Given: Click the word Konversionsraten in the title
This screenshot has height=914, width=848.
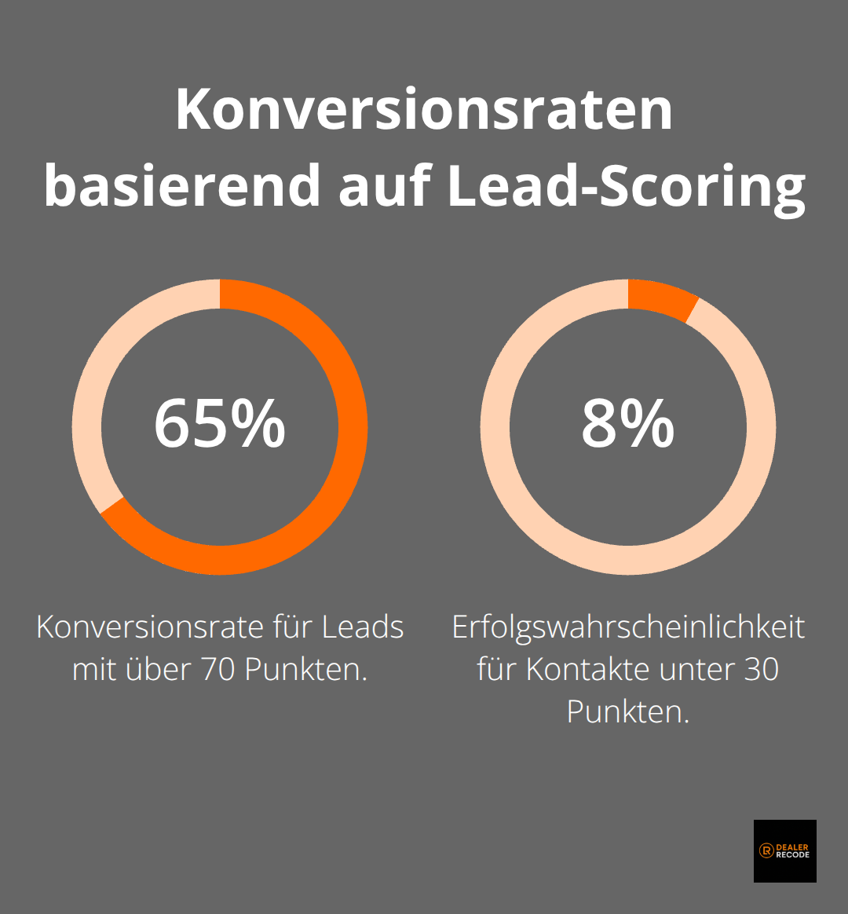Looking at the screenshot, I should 424,111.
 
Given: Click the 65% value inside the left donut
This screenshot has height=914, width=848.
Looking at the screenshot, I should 220,425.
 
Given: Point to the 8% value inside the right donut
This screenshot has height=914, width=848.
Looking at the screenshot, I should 627,425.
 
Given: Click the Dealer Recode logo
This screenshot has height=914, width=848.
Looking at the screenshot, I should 784,850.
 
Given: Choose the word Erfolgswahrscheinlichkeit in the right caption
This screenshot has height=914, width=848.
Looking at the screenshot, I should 628,628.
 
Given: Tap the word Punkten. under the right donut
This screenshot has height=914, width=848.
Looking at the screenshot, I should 628,712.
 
